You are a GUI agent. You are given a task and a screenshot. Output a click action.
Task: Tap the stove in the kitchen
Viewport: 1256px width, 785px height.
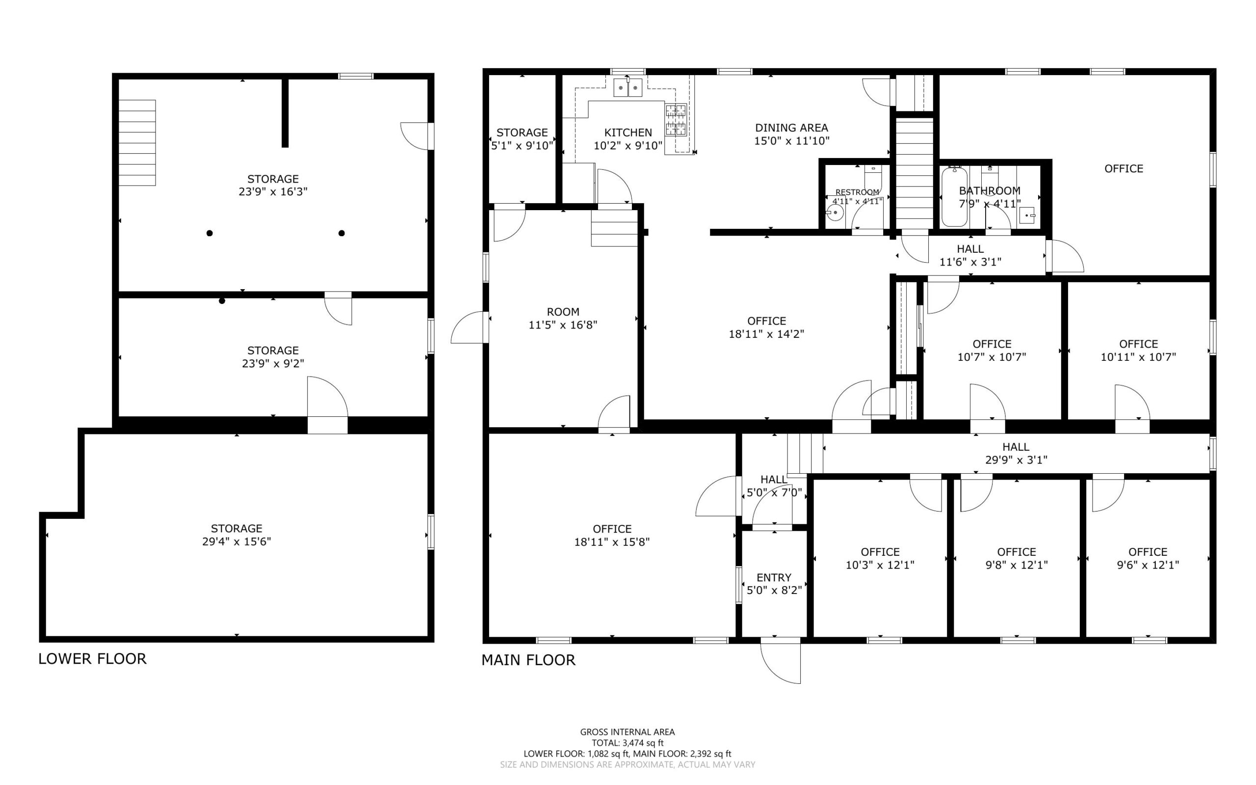676,120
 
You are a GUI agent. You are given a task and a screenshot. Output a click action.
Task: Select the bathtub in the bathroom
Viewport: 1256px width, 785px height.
954,197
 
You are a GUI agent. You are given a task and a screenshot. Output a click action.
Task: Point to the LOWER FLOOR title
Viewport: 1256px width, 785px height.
92,659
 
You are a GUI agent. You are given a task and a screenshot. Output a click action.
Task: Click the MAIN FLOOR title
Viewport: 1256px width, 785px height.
528,660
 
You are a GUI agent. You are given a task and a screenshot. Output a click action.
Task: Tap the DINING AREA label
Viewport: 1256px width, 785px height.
791,128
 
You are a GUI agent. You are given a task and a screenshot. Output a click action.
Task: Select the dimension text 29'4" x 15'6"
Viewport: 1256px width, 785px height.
236,541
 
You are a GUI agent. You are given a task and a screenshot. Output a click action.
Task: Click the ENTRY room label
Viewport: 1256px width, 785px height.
774,577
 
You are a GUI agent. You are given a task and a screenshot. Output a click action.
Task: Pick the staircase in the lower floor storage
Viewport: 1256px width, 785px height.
137,143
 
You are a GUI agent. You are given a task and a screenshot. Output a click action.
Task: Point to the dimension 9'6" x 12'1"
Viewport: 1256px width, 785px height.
1148,565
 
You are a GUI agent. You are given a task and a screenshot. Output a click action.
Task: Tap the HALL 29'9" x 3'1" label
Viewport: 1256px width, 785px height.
1016,453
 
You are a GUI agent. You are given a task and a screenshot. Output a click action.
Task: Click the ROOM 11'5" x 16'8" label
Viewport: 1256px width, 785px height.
563,318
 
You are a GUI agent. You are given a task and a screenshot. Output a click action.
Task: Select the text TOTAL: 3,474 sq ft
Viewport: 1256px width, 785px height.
627,743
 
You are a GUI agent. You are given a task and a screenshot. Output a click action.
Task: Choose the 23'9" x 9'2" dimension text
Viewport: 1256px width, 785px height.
273,363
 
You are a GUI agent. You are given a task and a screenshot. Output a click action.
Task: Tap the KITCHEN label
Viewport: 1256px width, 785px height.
628,133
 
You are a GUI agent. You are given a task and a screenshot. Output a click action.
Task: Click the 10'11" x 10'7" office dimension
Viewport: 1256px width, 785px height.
1138,357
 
